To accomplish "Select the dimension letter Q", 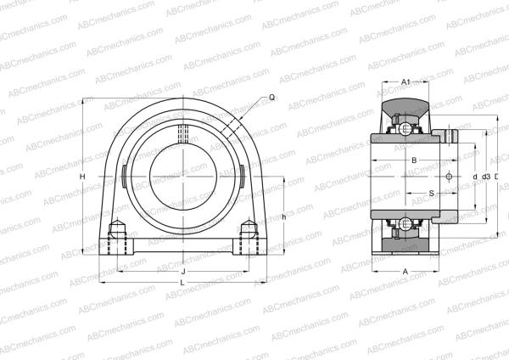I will coord(271,98).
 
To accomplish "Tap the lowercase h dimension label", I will coord(283,217).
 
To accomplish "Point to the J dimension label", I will coord(183,271).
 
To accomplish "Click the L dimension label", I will coord(183,282).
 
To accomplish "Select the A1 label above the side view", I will coord(406,82).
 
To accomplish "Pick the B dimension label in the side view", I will coord(413,160).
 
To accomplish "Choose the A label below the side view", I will coord(406,271).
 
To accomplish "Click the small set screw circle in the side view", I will coord(449,177).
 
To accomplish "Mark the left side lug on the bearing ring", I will coord(124,176).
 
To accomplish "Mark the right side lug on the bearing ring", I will coord(243,176).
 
